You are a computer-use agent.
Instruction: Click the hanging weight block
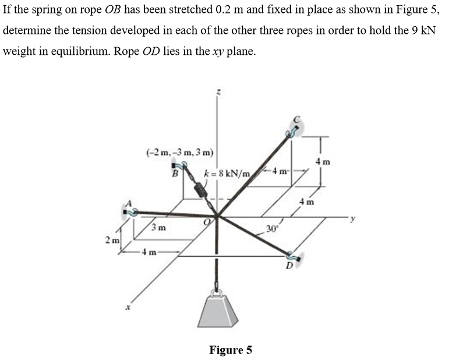[x=219, y=309]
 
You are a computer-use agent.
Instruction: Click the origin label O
[x=205, y=221]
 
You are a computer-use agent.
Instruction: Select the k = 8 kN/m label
[x=227, y=174]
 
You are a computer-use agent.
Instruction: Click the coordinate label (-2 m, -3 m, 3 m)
[x=179, y=153]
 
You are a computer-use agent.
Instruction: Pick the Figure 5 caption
[x=231, y=350]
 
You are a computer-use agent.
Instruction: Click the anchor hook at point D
[x=293, y=256]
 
